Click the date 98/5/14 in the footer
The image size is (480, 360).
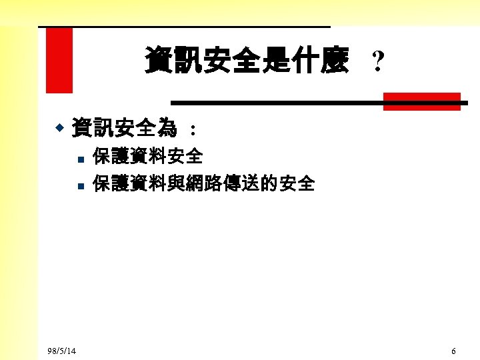pos(62,351)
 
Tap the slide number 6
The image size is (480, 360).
pos(453,351)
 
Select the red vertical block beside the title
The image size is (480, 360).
pos(59,60)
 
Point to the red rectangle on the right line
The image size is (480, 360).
pos(421,101)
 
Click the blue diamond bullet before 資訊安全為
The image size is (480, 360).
pos(59,126)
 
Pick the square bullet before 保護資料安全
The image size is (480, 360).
pos(79,159)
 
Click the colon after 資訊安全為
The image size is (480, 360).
pos(193,128)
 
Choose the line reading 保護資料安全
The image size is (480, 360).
pos(148,157)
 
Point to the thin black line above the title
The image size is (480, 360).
pos(184,27)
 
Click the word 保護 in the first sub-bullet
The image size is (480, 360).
pos(111,157)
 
